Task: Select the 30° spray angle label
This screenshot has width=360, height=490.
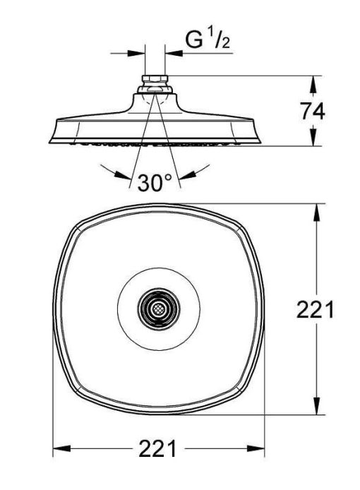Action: [x=155, y=184]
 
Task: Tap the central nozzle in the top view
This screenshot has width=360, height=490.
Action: [x=159, y=309]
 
